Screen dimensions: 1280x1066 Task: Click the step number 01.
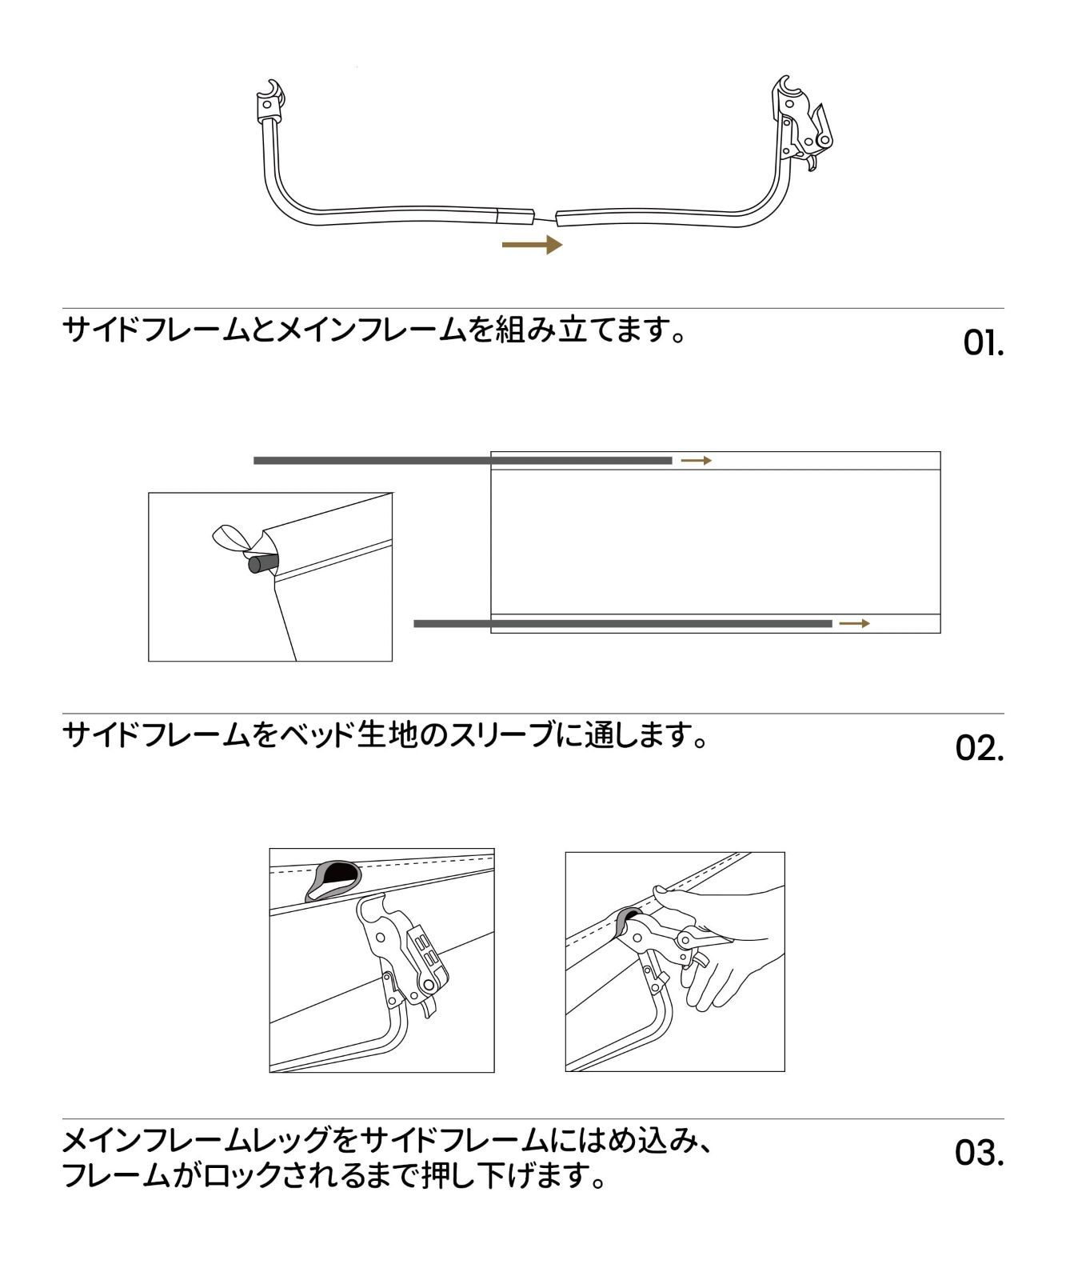982,344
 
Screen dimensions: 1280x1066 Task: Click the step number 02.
980,749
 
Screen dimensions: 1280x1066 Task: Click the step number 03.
980,1154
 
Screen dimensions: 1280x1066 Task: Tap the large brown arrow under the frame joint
532,244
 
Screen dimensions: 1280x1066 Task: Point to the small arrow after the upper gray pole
697,461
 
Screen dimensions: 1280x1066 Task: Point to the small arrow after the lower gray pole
854,623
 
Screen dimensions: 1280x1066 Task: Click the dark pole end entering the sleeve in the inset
261,564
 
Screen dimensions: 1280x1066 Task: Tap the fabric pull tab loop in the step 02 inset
230,538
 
